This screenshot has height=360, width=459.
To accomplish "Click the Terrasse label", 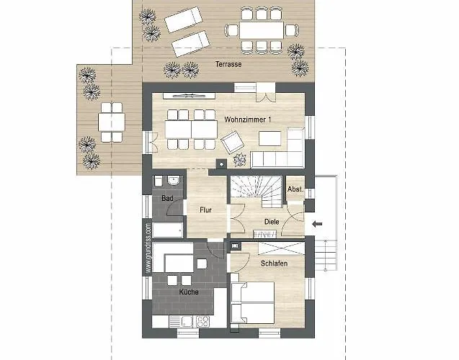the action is click(x=228, y=64).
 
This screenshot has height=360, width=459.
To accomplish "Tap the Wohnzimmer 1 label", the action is click(x=248, y=120).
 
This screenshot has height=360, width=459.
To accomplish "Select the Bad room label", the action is click(x=167, y=198).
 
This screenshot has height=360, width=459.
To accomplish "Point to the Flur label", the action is click(x=205, y=210).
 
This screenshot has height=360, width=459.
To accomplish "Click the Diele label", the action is click(x=272, y=222).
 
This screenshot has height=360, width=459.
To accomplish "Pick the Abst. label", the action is click(x=295, y=189).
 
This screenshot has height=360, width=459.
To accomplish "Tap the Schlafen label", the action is click(x=274, y=264).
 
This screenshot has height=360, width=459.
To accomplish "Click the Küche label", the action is click(x=189, y=292).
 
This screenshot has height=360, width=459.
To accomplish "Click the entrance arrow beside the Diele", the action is click(x=317, y=225).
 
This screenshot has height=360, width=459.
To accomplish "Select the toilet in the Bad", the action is click(x=158, y=181).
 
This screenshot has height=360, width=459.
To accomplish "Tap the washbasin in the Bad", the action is click(x=174, y=181).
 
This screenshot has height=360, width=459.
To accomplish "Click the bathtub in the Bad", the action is click(x=168, y=230).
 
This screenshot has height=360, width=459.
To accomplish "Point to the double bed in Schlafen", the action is click(x=253, y=302).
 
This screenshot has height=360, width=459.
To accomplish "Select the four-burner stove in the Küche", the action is click(x=202, y=322).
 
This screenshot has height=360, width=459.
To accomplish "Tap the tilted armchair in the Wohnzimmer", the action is click(x=233, y=142).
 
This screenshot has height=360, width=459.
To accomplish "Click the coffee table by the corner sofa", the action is click(x=269, y=139).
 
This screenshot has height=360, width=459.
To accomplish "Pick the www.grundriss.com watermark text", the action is click(x=148, y=248).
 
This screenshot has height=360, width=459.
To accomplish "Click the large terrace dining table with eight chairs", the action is click(x=262, y=30).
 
